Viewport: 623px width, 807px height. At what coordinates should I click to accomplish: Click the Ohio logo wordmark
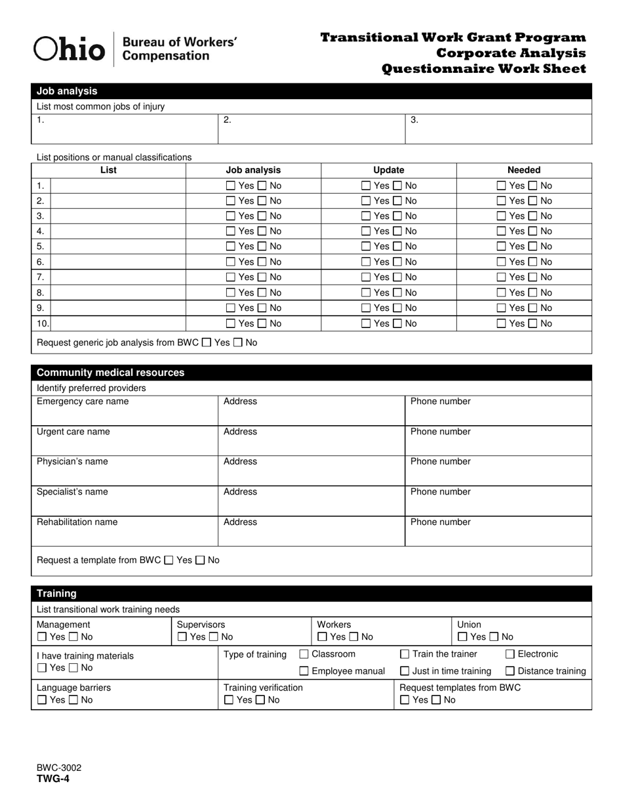[x=69, y=49]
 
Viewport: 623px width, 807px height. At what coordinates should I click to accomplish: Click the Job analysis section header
[x=67, y=91]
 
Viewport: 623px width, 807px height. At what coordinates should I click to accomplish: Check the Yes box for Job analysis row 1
[x=230, y=186]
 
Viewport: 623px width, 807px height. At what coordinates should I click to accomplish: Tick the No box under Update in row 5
[x=398, y=247]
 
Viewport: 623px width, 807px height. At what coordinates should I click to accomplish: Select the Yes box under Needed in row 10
[x=502, y=323]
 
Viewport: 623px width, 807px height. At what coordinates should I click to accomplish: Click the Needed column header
[x=523, y=170]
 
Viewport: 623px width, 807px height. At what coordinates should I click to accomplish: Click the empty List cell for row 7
[x=118, y=278]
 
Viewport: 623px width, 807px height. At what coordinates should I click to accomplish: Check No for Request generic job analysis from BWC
[x=238, y=342]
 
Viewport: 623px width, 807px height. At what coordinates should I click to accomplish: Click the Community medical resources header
[x=110, y=373]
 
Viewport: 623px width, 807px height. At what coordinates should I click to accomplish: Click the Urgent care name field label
[x=73, y=432]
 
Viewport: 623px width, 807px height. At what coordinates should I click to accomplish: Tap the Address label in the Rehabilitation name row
[x=240, y=522]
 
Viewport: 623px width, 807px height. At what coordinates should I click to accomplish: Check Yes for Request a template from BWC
[x=169, y=560]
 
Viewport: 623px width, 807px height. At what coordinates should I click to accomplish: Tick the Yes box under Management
[x=42, y=637]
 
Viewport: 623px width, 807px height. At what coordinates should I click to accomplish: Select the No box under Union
[x=493, y=637]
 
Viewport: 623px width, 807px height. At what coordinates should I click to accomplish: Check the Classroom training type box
[x=304, y=654]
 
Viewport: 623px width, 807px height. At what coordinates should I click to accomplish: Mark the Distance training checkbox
[x=510, y=671]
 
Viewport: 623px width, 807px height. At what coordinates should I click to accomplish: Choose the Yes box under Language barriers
[x=42, y=700]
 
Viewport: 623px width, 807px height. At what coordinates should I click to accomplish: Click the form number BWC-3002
[x=59, y=768]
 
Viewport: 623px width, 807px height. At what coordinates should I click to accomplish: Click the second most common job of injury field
[x=311, y=129]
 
